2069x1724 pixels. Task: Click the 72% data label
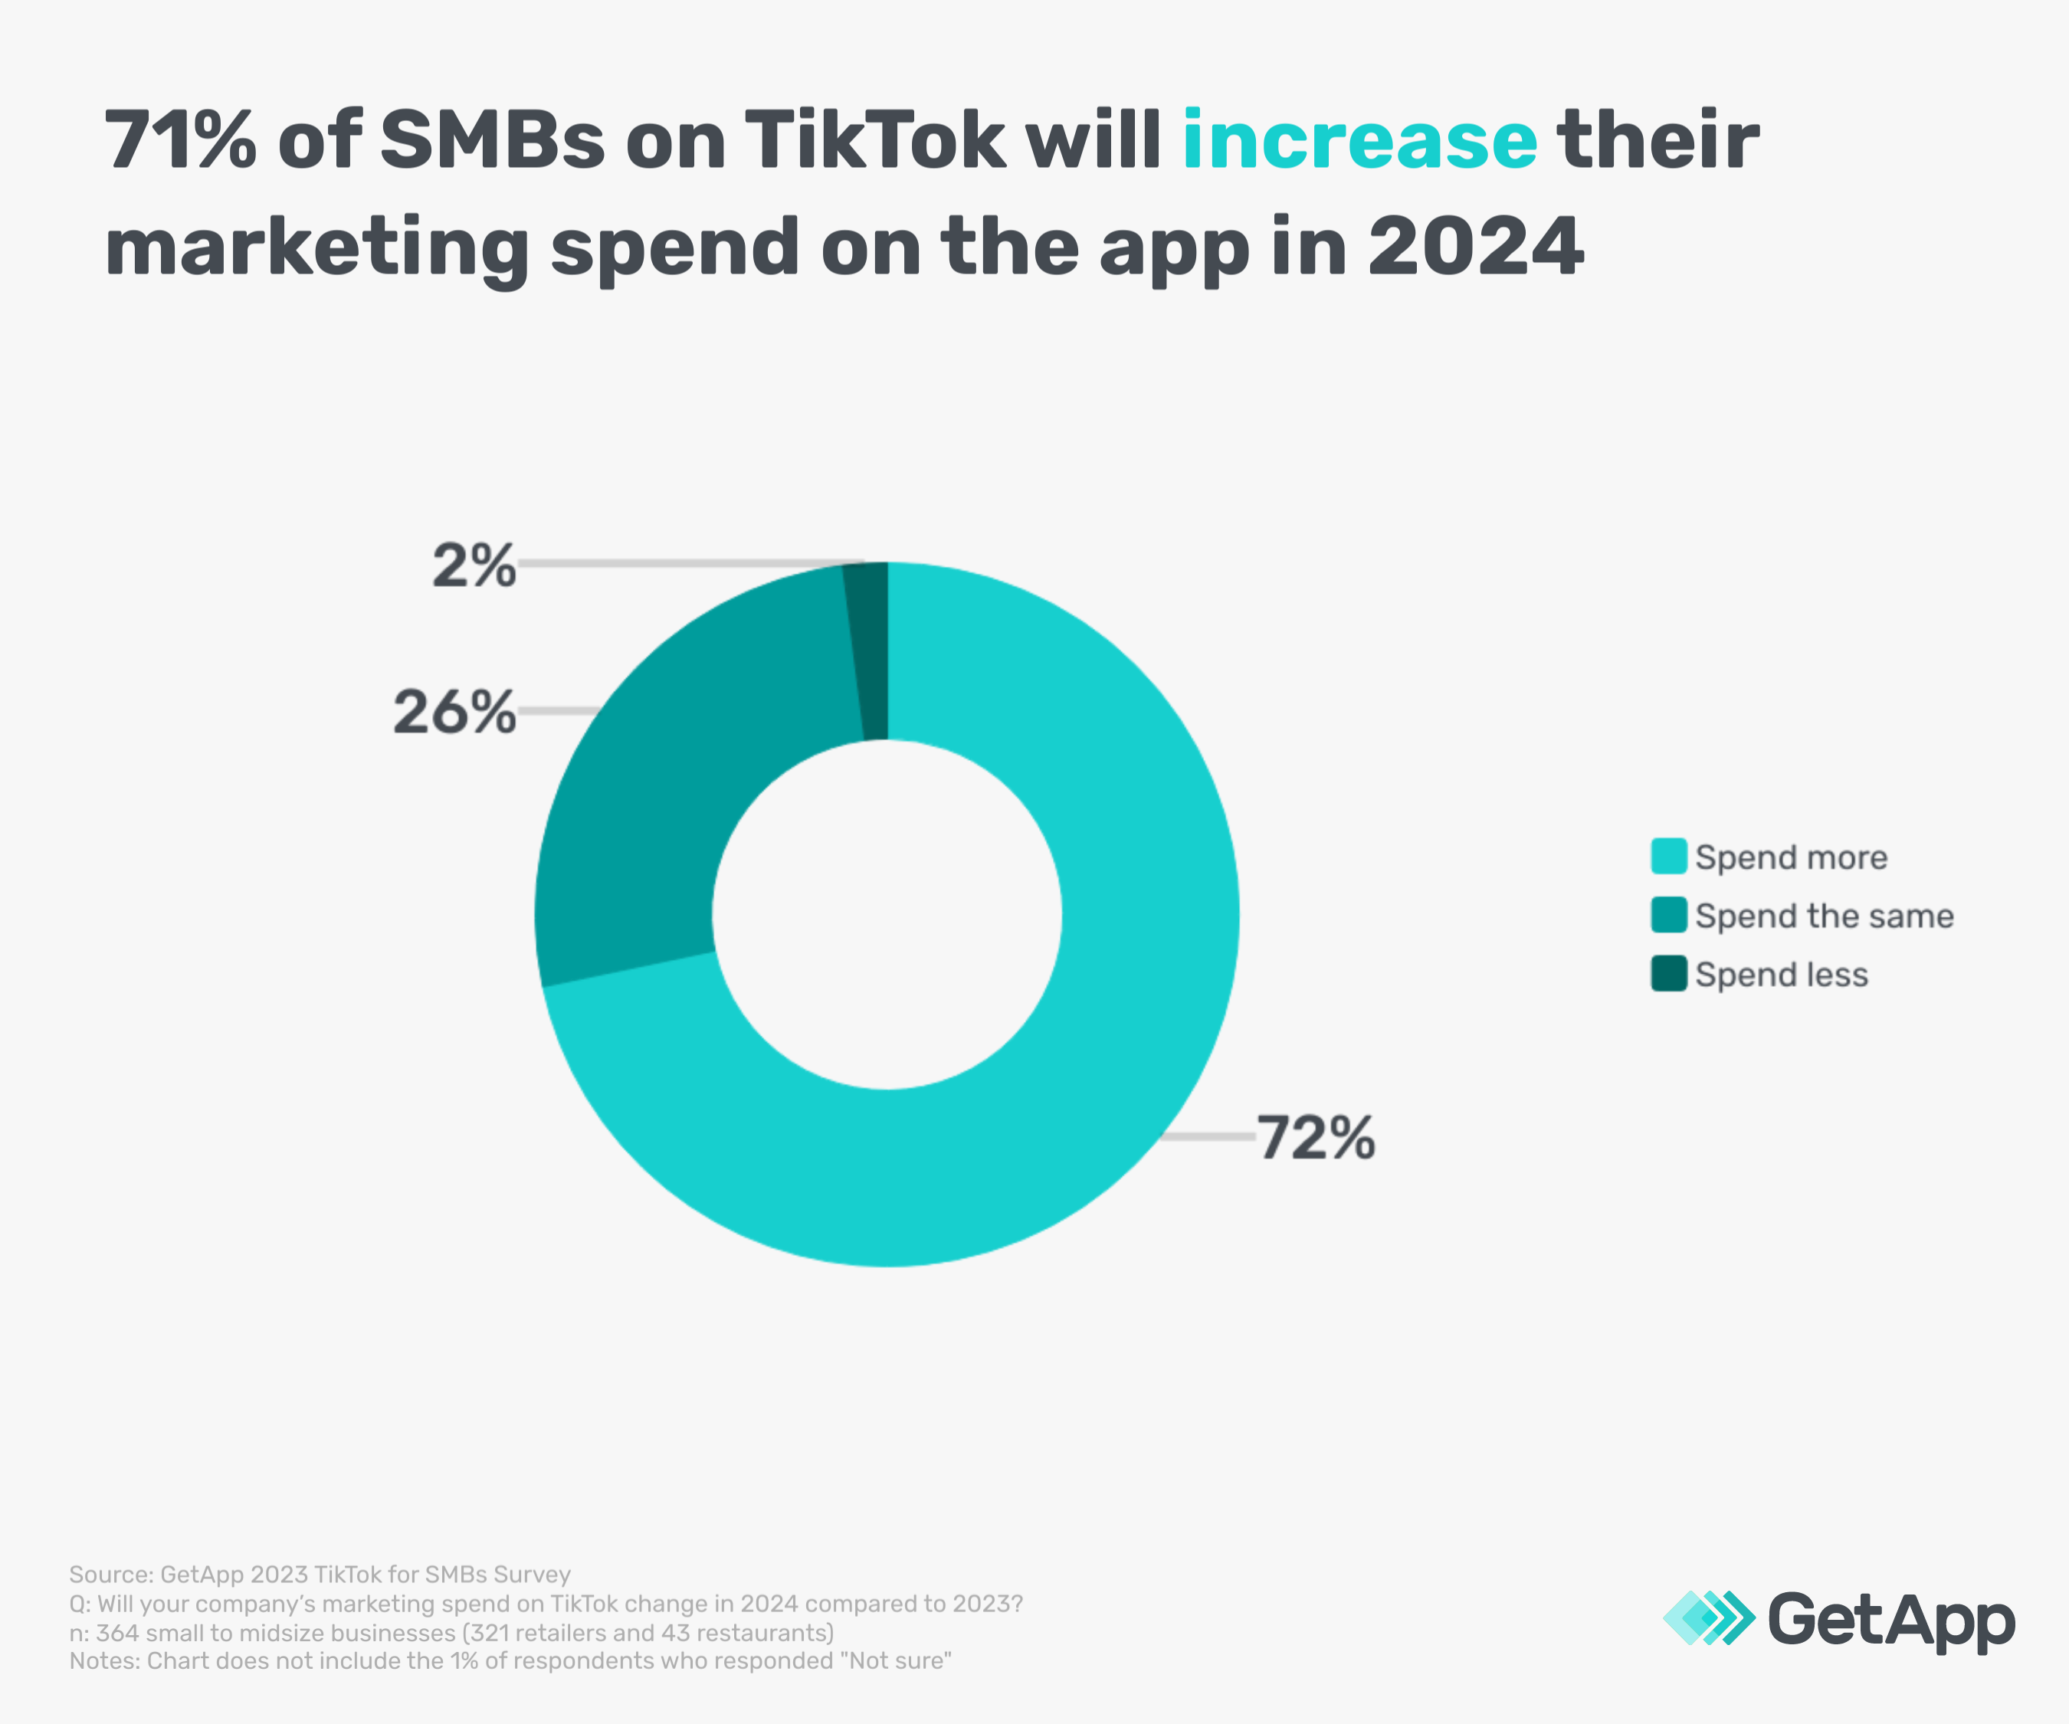pos(1315,1138)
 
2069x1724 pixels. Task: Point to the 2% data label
pos(474,566)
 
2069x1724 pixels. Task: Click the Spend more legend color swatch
pos(1669,856)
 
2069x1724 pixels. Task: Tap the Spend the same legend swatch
pos(1669,915)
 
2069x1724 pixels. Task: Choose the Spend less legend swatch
pos(1669,973)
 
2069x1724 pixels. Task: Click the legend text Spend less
pos(1782,975)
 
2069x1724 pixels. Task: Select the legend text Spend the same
pos(1824,916)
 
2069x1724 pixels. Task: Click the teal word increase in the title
pos(1359,140)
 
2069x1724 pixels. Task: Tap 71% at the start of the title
pos(180,140)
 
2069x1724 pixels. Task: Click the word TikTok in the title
pos(874,140)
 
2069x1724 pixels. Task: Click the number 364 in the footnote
pos(117,1632)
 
